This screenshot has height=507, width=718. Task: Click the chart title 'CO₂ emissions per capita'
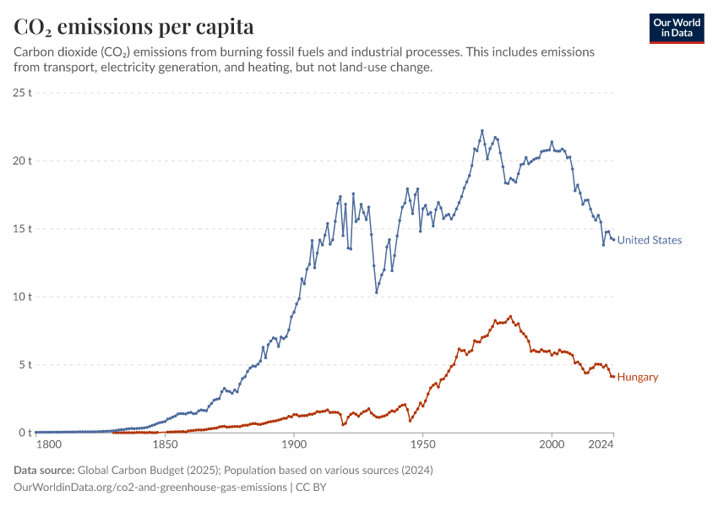134,26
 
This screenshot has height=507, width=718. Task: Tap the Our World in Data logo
677,28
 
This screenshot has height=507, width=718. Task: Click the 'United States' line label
649,240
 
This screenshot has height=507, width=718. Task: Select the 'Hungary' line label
638,377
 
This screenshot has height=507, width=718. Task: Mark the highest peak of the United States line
482,131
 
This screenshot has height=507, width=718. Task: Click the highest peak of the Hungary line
510,317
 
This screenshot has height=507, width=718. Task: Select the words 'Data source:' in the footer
44,470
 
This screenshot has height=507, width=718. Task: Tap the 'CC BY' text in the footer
311,488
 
